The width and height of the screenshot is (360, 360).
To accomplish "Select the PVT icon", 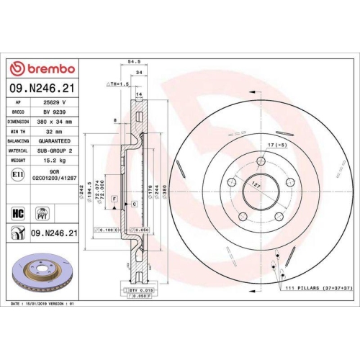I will [41, 213].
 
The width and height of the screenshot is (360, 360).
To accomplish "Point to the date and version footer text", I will [43, 305].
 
